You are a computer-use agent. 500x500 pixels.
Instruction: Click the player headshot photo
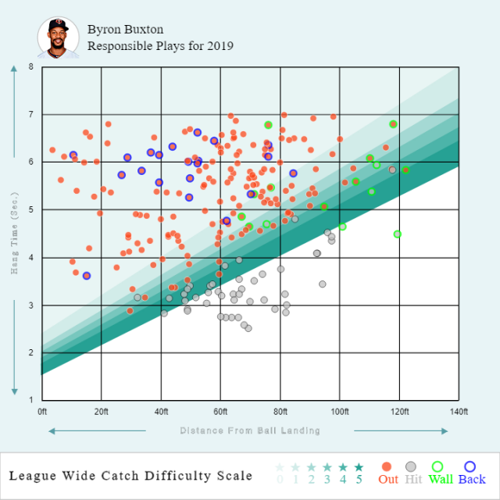58,37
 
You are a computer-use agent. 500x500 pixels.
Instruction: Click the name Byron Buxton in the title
126,30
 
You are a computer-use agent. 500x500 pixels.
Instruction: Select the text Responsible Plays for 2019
160,46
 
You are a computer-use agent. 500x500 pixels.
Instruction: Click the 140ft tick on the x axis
459,411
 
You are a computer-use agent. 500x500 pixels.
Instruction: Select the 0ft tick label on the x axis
42,411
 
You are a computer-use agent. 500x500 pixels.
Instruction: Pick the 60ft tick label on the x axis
221,411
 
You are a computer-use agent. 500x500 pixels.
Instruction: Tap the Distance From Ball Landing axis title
250,430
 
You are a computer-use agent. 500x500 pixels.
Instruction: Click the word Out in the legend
388,479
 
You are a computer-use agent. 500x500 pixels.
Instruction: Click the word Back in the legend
472,479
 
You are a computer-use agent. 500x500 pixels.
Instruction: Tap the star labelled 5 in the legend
359,467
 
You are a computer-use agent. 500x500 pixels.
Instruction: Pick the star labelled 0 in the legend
280,467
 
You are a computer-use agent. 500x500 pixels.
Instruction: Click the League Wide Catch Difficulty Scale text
130,476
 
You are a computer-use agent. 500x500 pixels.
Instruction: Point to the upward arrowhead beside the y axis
15,69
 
